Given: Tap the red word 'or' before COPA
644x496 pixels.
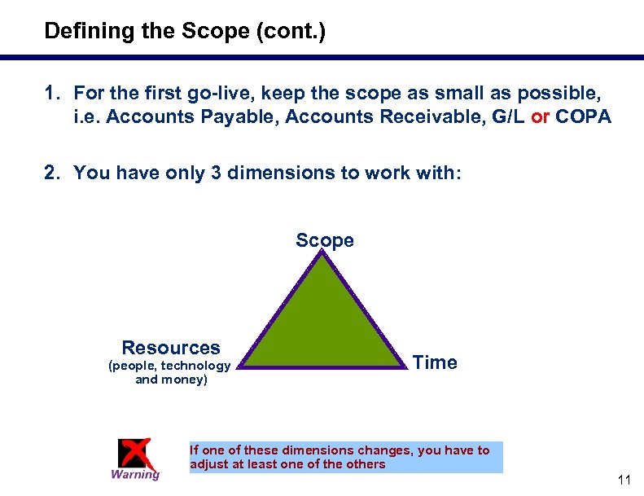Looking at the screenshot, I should [x=540, y=117].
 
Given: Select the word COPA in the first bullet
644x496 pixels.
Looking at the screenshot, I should [x=583, y=117].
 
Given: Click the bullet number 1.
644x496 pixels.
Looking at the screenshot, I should [x=50, y=92].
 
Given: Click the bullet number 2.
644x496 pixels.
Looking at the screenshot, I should [x=51, y=173].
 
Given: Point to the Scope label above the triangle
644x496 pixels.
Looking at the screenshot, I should [x=325, y=240].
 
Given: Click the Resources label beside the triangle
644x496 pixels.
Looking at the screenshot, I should [x=170, y=348].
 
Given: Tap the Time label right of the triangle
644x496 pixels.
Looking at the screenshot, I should [x=435, y=362].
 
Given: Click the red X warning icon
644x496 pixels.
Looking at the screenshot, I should [x=134, y=454].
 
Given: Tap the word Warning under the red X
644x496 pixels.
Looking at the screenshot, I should [x=135, y=475].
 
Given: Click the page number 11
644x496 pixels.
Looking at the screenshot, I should [x=624, y=481].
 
